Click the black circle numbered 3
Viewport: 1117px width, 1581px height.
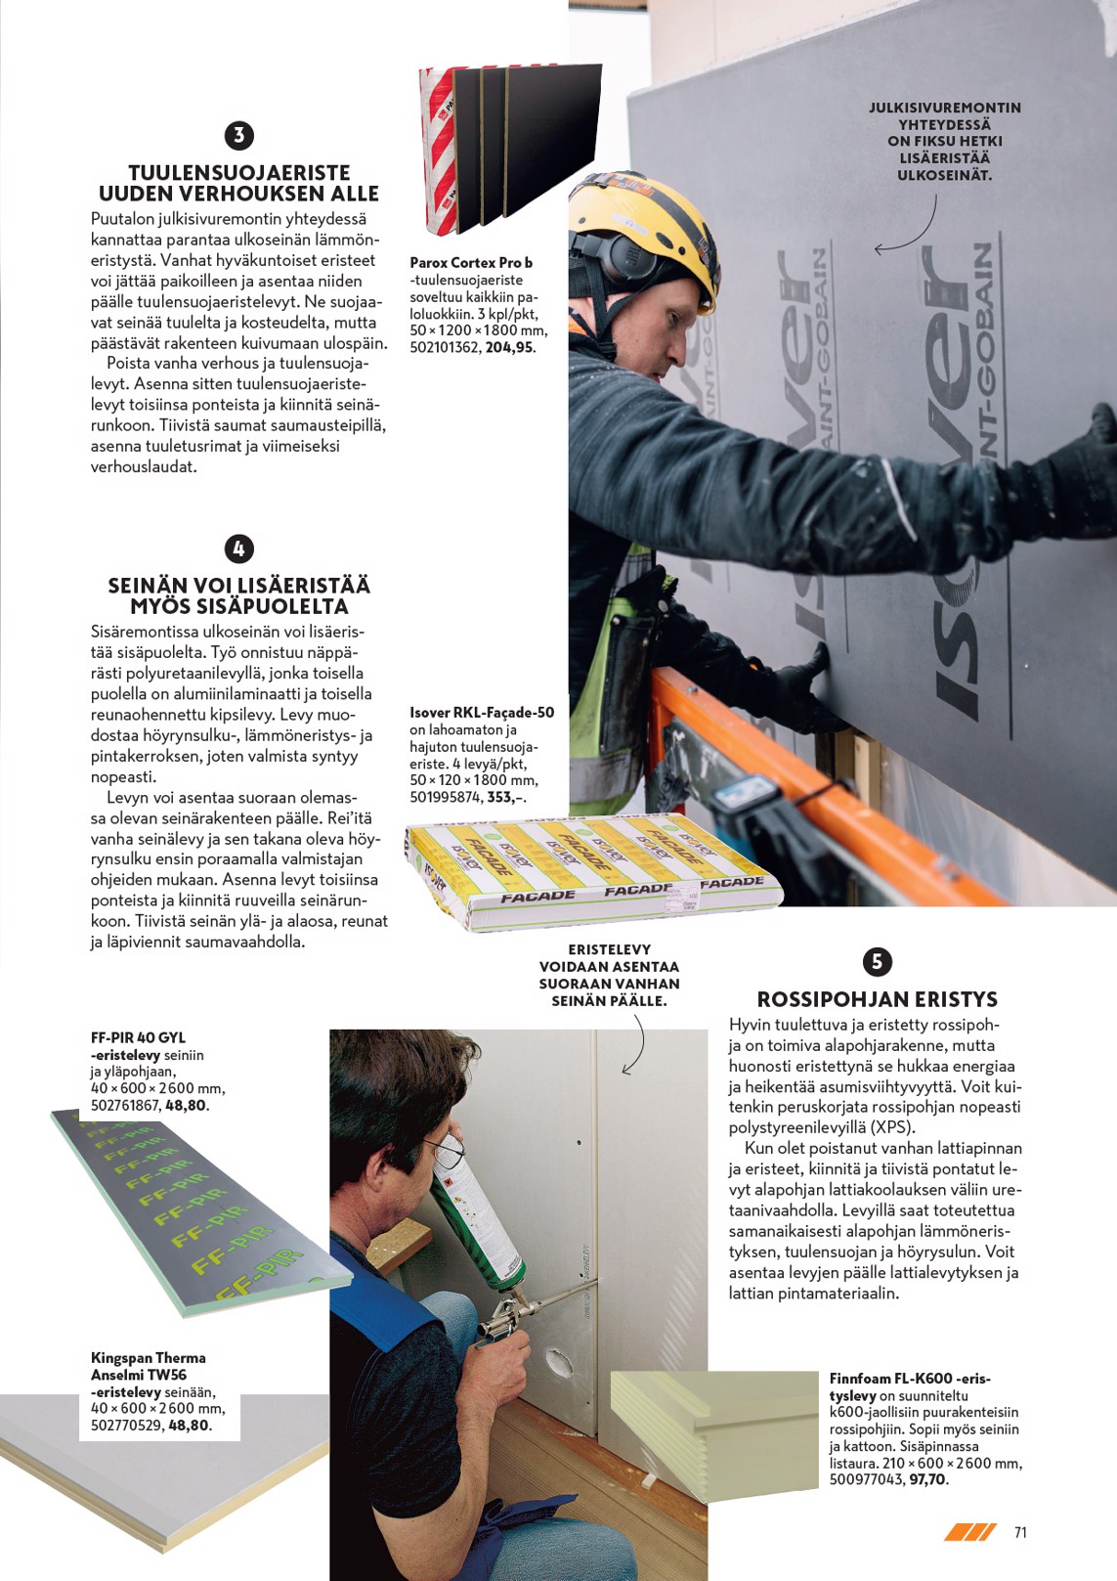click(238, 136)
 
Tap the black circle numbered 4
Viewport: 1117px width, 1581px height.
click(238, 549)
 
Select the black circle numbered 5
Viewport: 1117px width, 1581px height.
click(877, 961)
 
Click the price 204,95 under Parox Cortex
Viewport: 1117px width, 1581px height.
click(509, 347)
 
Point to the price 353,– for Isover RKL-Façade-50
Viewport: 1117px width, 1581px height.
click(506, 797)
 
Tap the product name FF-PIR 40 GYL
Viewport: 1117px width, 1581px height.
click(138, 1037)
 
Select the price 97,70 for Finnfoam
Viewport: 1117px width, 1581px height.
click(927, 1480)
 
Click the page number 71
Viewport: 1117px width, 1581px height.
click(1020, 1532)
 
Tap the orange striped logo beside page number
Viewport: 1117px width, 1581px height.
click(969, 1532)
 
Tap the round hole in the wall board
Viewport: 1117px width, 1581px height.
click(560, 1360)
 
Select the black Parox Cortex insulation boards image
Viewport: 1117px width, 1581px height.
click(508, 147)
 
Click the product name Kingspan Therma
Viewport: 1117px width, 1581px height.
click(148, 1357)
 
